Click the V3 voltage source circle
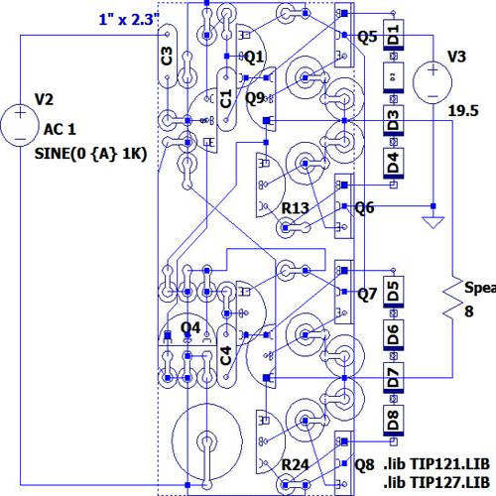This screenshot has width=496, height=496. [434, 80]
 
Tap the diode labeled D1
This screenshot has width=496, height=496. [394, 37]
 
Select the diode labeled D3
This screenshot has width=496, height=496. [394, 122]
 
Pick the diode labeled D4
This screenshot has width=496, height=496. [394, 162]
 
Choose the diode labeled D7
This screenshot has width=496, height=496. [394, 376]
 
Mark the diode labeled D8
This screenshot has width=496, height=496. [394, 419]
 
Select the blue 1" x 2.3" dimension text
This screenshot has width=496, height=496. [130, 18]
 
